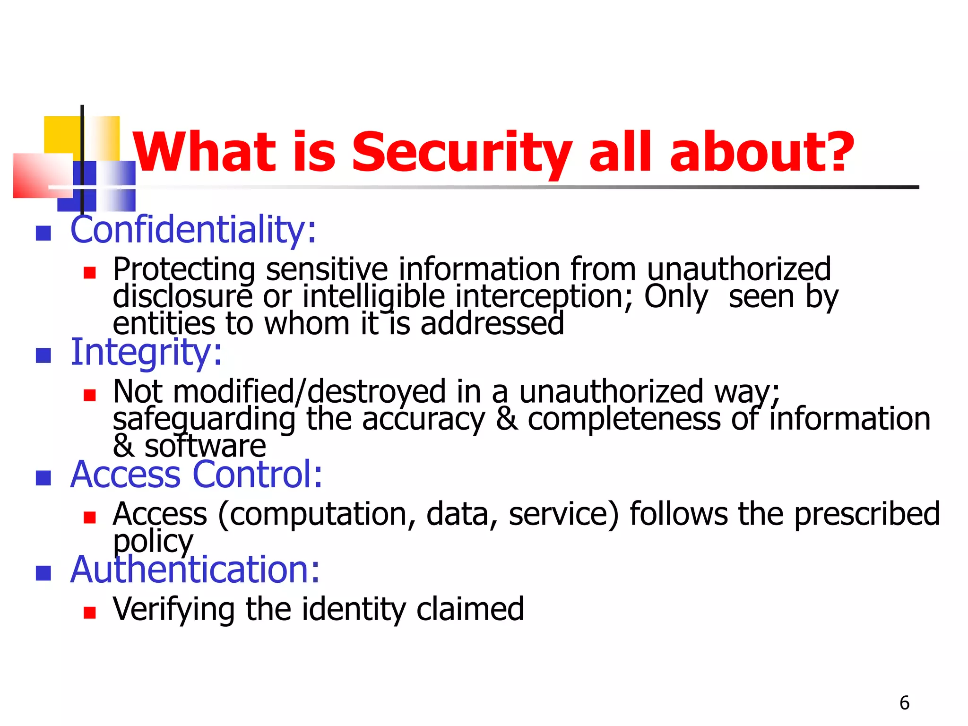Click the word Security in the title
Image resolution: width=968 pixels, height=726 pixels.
461,152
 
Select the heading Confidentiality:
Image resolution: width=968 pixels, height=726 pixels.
193,230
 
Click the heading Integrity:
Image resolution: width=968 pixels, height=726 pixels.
146,352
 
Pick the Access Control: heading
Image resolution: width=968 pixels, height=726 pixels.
196,474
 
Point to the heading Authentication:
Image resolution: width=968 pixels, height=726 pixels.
195,570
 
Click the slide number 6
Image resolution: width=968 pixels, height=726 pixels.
904,703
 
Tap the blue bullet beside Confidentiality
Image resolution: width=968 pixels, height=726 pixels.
43,233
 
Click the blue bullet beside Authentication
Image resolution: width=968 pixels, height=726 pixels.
43,573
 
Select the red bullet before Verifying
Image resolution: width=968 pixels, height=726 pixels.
89,613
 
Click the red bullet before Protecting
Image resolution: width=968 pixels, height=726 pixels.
89,273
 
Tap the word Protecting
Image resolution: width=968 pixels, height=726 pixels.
183,269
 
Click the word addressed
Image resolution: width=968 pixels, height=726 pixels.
492,324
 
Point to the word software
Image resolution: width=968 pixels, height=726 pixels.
205,446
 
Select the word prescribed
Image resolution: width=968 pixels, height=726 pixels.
867,514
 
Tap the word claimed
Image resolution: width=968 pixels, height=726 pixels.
470,609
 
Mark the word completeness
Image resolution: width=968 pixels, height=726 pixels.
623,419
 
